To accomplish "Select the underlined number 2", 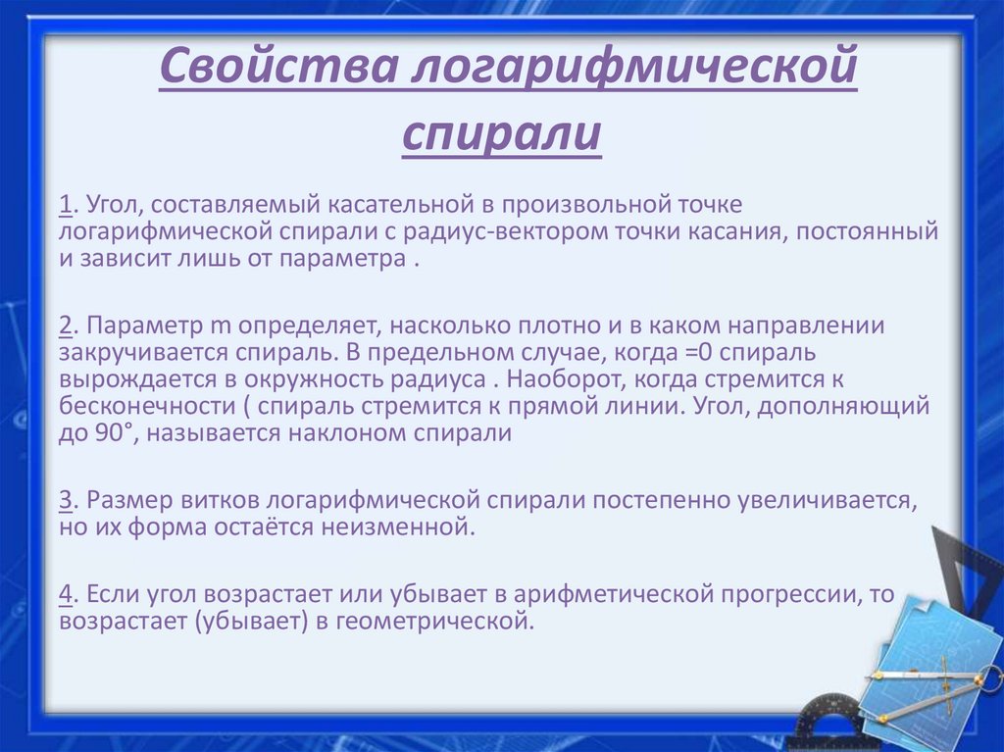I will [x=65, y=325].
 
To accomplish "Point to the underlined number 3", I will [x=65, y=500].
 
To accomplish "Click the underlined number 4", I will [x=65, y=594].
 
